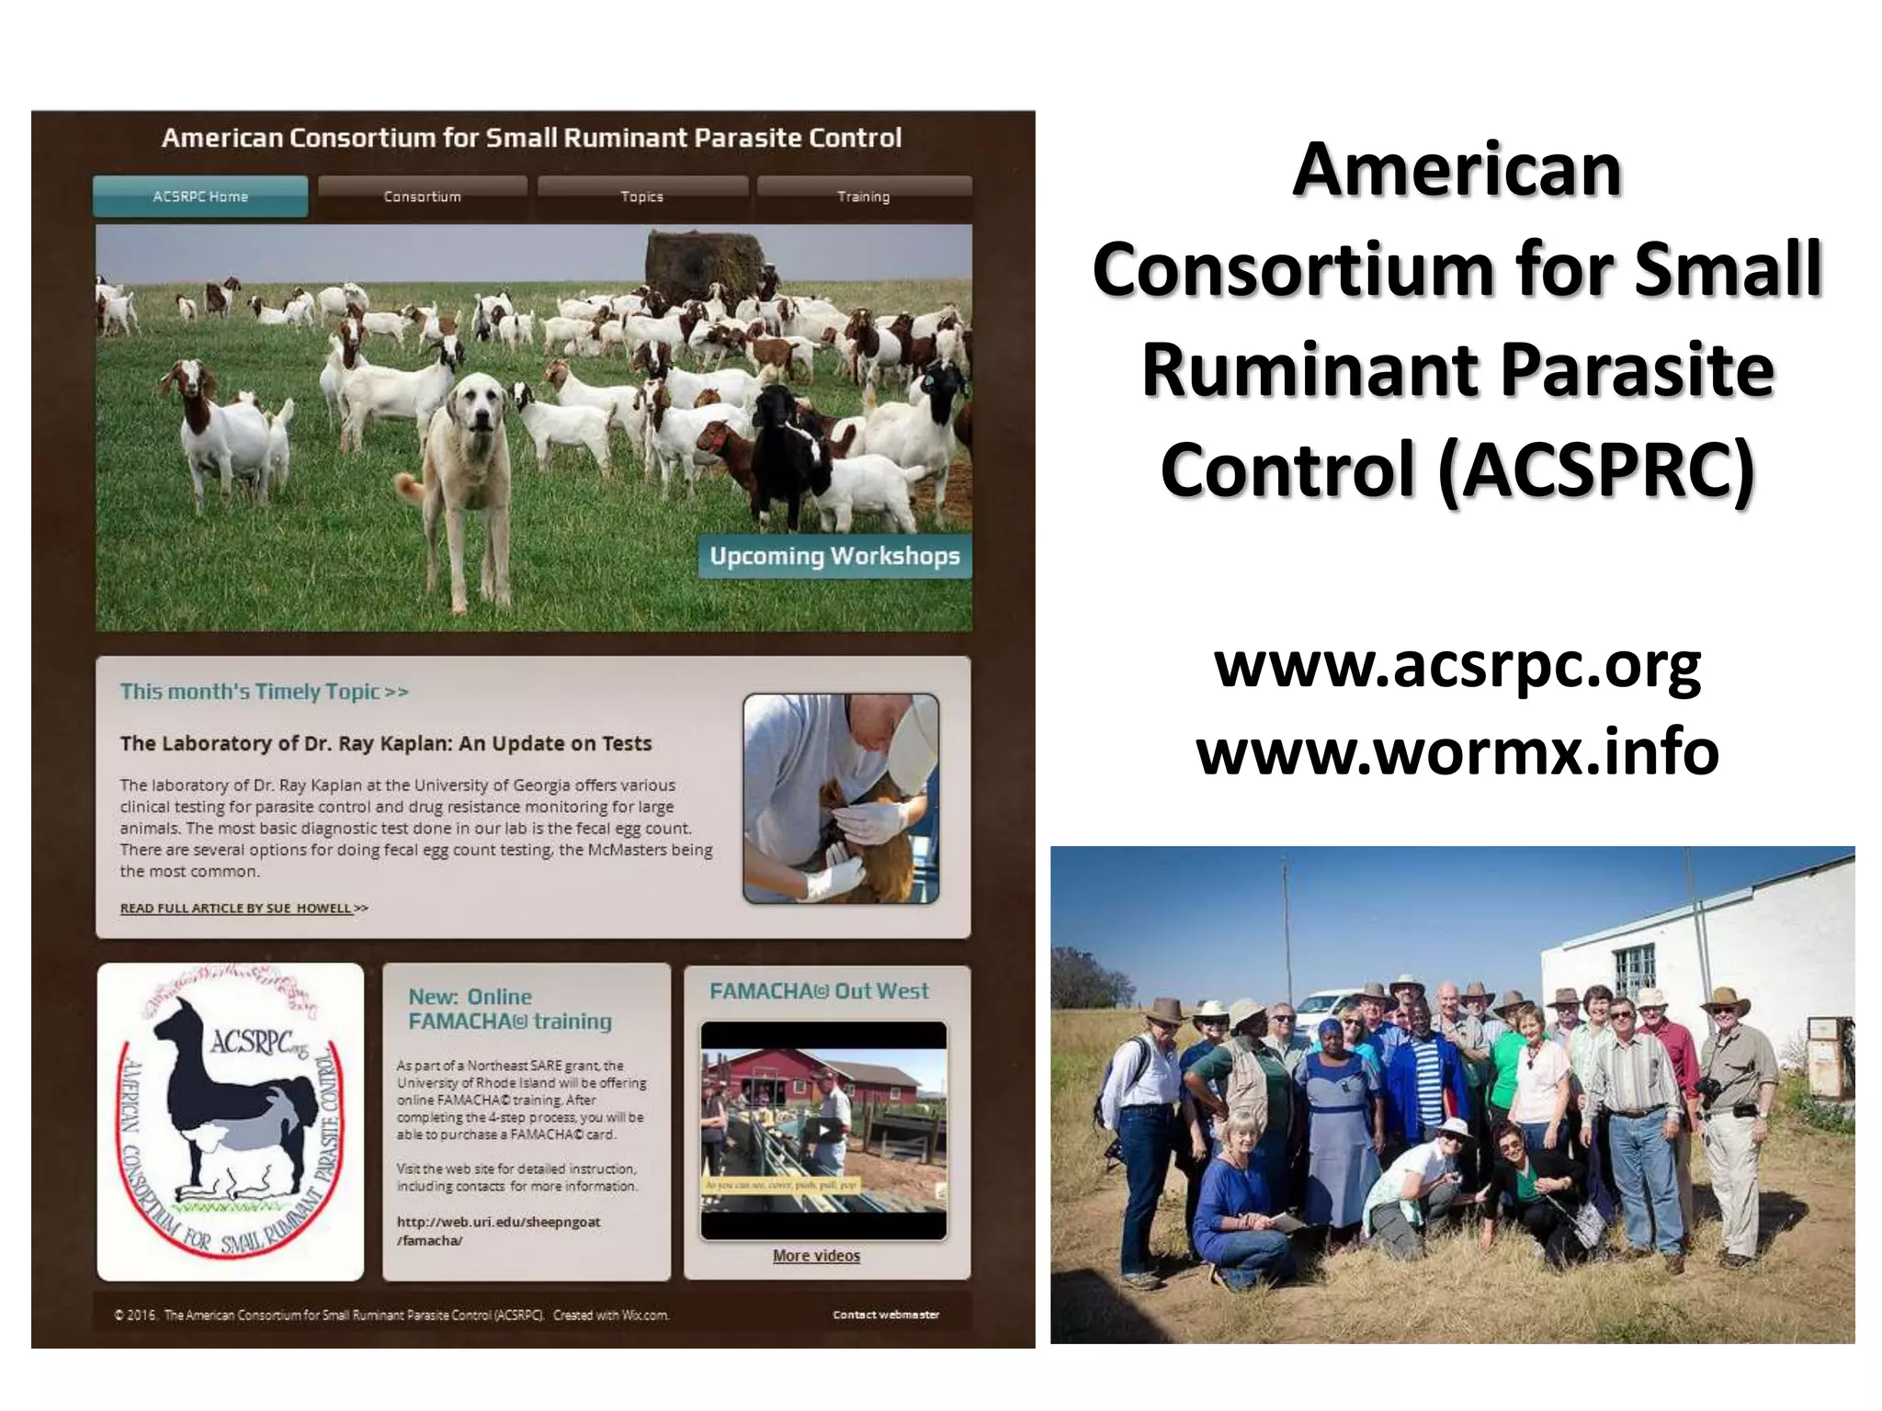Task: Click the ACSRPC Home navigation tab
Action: [200, 197]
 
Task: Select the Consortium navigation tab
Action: [422, 197]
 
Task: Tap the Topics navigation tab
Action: [641, 197]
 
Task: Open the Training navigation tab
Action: [863, 197]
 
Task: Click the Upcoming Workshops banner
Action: [834, 556]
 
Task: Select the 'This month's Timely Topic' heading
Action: [264, 692]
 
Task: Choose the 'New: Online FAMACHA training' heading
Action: [509, 1009]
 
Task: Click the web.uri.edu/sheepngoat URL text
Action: [498, 1231]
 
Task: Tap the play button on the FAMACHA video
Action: [824, 1131]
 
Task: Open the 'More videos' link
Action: [816, 1256]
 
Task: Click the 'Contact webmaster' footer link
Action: [886, 1315]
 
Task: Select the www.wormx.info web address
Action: [1457, 751]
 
